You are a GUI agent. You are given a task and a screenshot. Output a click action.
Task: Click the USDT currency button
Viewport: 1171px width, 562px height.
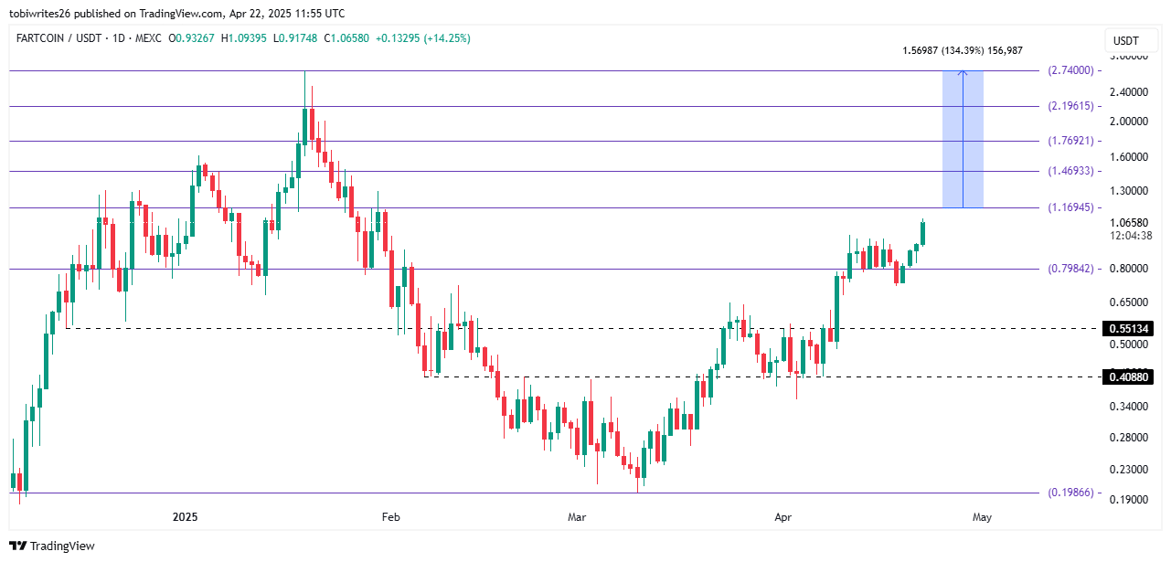click(x=1125, y=40)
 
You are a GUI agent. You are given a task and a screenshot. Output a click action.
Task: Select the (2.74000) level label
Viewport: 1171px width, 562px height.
click(x=1070, y=70)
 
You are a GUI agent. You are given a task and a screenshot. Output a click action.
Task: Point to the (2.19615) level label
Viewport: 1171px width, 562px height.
click(x=1070, y=106)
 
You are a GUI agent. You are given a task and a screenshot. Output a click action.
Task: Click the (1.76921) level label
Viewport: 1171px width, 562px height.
click(x=1070, y=141)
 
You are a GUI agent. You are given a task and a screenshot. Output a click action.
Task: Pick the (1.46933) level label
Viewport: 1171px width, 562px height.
click(x=1070, y=171)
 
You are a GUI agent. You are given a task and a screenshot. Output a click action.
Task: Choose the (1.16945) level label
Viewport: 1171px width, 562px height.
click(x=1070, y=207)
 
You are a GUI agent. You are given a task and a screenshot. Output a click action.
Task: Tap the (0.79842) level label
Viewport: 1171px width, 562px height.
click(x=1070, y=269)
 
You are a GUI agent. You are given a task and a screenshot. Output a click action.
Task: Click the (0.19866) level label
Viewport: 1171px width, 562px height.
click(x=1070, y=493)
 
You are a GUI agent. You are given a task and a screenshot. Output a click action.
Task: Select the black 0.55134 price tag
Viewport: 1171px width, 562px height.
click(x=1130, y=328)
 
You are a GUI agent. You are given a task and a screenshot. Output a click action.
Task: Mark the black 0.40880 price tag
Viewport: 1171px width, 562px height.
click(x=1130, y=376)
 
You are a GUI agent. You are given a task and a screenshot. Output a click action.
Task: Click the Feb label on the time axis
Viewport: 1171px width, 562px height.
click(x=390, y=517)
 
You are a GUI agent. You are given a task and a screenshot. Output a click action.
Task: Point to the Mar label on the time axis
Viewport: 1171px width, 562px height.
click(x=576, y=517)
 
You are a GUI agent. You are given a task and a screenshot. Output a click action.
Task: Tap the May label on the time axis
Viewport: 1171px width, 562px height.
click(x=982, y=517)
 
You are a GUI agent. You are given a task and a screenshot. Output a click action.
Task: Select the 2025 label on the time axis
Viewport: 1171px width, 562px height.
click(x=186, y=517)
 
